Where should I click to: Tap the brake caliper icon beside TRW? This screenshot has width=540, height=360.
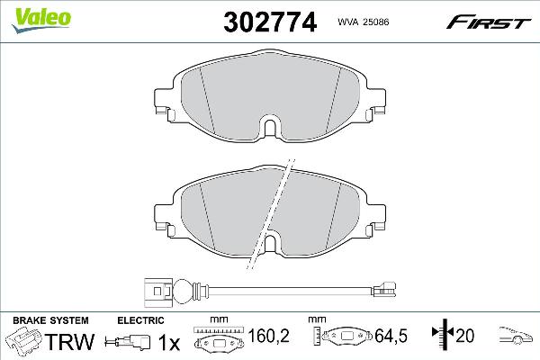[x=24, y=342]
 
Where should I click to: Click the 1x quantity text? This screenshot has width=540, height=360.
[x=166, y=342]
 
